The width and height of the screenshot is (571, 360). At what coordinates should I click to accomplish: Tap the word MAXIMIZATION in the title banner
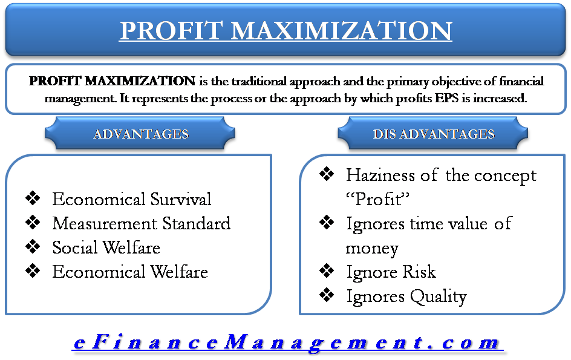[341, 30]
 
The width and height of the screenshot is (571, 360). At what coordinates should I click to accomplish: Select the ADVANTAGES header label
[141, 134]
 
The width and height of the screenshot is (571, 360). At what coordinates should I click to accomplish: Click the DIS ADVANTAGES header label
[433, 134]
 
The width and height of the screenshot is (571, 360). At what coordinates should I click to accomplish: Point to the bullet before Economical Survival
[33, 198]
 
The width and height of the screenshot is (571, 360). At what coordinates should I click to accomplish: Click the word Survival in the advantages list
[181, 199]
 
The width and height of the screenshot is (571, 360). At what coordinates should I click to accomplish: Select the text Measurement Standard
[142, 223]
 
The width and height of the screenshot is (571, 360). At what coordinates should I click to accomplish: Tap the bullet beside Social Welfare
[33, 246]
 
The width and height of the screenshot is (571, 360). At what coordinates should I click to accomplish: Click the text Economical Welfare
[130, 272]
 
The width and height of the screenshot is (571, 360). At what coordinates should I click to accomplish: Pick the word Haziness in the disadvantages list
[380, 175]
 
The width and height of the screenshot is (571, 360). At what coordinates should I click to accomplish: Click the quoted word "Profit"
[377, 199]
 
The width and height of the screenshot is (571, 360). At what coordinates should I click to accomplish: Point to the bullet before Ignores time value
[327, 222]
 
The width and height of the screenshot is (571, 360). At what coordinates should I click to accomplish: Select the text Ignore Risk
[391, 272]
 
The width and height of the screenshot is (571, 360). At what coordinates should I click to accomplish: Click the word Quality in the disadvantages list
[439, 297]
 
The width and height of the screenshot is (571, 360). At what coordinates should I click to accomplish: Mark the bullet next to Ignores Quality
[327, 295]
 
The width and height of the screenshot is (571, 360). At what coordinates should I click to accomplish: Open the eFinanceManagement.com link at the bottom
[287, 342]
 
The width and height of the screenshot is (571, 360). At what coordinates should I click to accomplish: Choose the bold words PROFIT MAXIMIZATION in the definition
[112, 81]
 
